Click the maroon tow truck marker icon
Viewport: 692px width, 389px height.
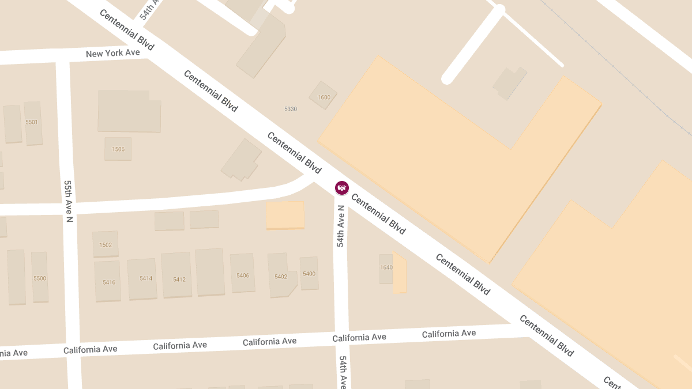pos(342,187)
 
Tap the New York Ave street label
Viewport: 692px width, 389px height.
pos(113,54)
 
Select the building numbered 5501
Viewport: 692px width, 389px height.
pos(32,122)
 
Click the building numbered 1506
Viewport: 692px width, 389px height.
pos(118,149)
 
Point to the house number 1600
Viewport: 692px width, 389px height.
pos(324,97)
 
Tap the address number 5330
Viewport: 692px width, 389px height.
pos(291,109)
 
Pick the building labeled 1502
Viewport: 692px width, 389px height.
pos(106,244)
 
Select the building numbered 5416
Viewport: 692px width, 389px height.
pos(108,282)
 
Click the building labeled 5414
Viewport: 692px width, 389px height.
pos(145,278)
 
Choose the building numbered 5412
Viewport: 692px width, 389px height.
pos(179,280)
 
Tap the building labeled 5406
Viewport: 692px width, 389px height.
pos(243,275)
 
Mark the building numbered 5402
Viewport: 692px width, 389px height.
pos(281,276)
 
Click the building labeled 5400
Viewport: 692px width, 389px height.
pos(309,273)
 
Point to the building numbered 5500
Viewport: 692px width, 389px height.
pos(40,278)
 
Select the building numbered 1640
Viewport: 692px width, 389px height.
pos(386,267)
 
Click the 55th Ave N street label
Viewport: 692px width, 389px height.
pos(69,201)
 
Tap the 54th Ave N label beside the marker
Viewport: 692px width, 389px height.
pos(341,226)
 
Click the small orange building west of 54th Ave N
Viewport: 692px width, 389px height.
pos(285,215)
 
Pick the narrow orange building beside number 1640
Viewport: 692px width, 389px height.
pos(400,274)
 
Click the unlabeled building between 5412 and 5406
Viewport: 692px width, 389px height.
pos(210,272)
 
